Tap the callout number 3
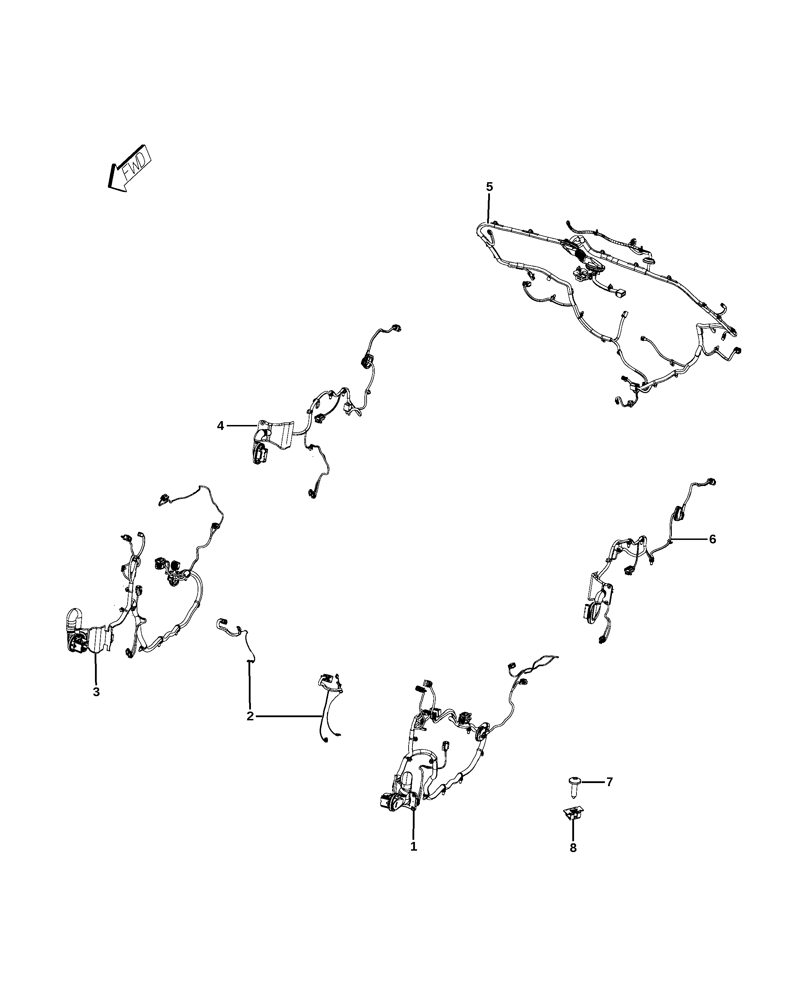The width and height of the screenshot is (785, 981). coord(96,692)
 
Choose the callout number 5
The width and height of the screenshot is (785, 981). coord(489,186)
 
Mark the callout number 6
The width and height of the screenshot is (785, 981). coord(712,539)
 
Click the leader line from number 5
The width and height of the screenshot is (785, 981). coord(489,208)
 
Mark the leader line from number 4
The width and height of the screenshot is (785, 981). coord(243,425)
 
